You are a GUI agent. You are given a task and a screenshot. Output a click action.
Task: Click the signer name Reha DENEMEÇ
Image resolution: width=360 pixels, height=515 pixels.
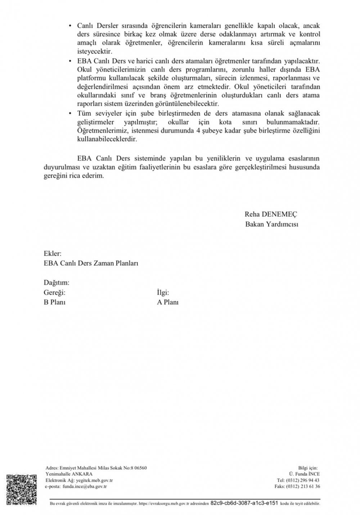(x=271, y=214)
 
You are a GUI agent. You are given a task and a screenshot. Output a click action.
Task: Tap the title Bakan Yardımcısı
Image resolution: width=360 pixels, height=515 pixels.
(x=272, y=224)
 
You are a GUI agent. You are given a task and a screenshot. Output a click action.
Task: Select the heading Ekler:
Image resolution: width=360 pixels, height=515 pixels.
(x=53, y=253)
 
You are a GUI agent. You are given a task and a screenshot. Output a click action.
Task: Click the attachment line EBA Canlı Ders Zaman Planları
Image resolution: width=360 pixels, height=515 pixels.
(x=91, y=263)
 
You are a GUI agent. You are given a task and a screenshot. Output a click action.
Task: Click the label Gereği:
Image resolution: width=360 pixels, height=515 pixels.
(x=55, y=293)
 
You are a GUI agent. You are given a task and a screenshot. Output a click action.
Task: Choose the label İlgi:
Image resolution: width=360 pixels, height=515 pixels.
(x=163, y=293)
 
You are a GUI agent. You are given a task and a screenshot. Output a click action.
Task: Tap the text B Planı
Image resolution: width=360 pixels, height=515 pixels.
(x=54, y=302)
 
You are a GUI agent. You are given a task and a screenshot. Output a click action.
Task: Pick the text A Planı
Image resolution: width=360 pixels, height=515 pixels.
(x=168, y=302)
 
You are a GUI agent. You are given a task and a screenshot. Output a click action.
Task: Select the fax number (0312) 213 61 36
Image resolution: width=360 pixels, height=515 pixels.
(x=303, y=487)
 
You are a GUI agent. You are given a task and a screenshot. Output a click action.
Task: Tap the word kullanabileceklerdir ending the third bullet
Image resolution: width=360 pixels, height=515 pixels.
(x=107, y=139)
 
